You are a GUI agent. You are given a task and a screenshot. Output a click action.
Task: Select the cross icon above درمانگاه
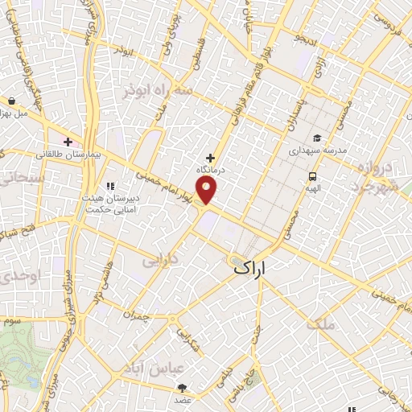(212, 159)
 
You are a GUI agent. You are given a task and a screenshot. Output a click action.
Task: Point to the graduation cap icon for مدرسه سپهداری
(317, 138)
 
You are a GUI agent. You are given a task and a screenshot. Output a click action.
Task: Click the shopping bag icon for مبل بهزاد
(12, 101)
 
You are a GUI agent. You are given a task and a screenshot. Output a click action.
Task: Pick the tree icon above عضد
(182, 388)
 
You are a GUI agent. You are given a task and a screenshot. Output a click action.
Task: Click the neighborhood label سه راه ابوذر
(158, 91)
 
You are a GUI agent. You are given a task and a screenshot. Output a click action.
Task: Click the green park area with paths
(20, 354)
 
